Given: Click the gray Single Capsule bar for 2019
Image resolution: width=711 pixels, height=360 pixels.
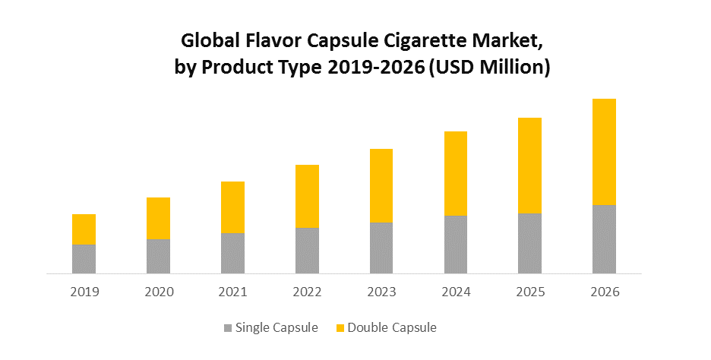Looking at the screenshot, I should point(84,258).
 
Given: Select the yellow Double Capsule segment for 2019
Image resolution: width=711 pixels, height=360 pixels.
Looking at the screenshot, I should point(84,229).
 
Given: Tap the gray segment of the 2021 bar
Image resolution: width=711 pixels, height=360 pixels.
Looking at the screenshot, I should point(232,253).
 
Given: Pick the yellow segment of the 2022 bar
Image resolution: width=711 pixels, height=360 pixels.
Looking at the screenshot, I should point(307,196).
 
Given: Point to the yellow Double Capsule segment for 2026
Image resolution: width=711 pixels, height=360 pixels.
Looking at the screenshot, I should point(604,152).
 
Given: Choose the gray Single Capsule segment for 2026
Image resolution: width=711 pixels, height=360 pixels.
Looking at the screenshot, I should point(604,238).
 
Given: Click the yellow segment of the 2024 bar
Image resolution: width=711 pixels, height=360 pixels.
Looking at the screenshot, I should point(456,173).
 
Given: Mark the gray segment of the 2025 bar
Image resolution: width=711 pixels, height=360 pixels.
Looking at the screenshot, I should point(529,243).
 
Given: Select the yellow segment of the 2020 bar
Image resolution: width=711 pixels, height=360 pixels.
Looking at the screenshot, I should point(158,218).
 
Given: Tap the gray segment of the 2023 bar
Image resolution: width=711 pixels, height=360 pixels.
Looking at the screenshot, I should point(381,248).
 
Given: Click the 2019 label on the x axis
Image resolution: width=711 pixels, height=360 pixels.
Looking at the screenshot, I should point(84,292).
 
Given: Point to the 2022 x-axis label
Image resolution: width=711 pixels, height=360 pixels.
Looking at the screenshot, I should point(307,292).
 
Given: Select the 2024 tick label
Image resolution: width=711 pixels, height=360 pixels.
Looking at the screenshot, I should point(456,292).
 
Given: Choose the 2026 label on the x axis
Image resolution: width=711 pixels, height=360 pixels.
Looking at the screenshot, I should point(604,292).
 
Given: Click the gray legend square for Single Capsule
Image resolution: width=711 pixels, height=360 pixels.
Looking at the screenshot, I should point(228,328).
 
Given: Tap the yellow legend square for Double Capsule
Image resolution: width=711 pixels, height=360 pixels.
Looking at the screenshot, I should point(340,328).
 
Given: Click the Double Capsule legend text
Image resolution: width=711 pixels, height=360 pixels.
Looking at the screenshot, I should point(392,328).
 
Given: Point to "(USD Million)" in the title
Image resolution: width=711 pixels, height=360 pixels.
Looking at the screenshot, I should point(489,67).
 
